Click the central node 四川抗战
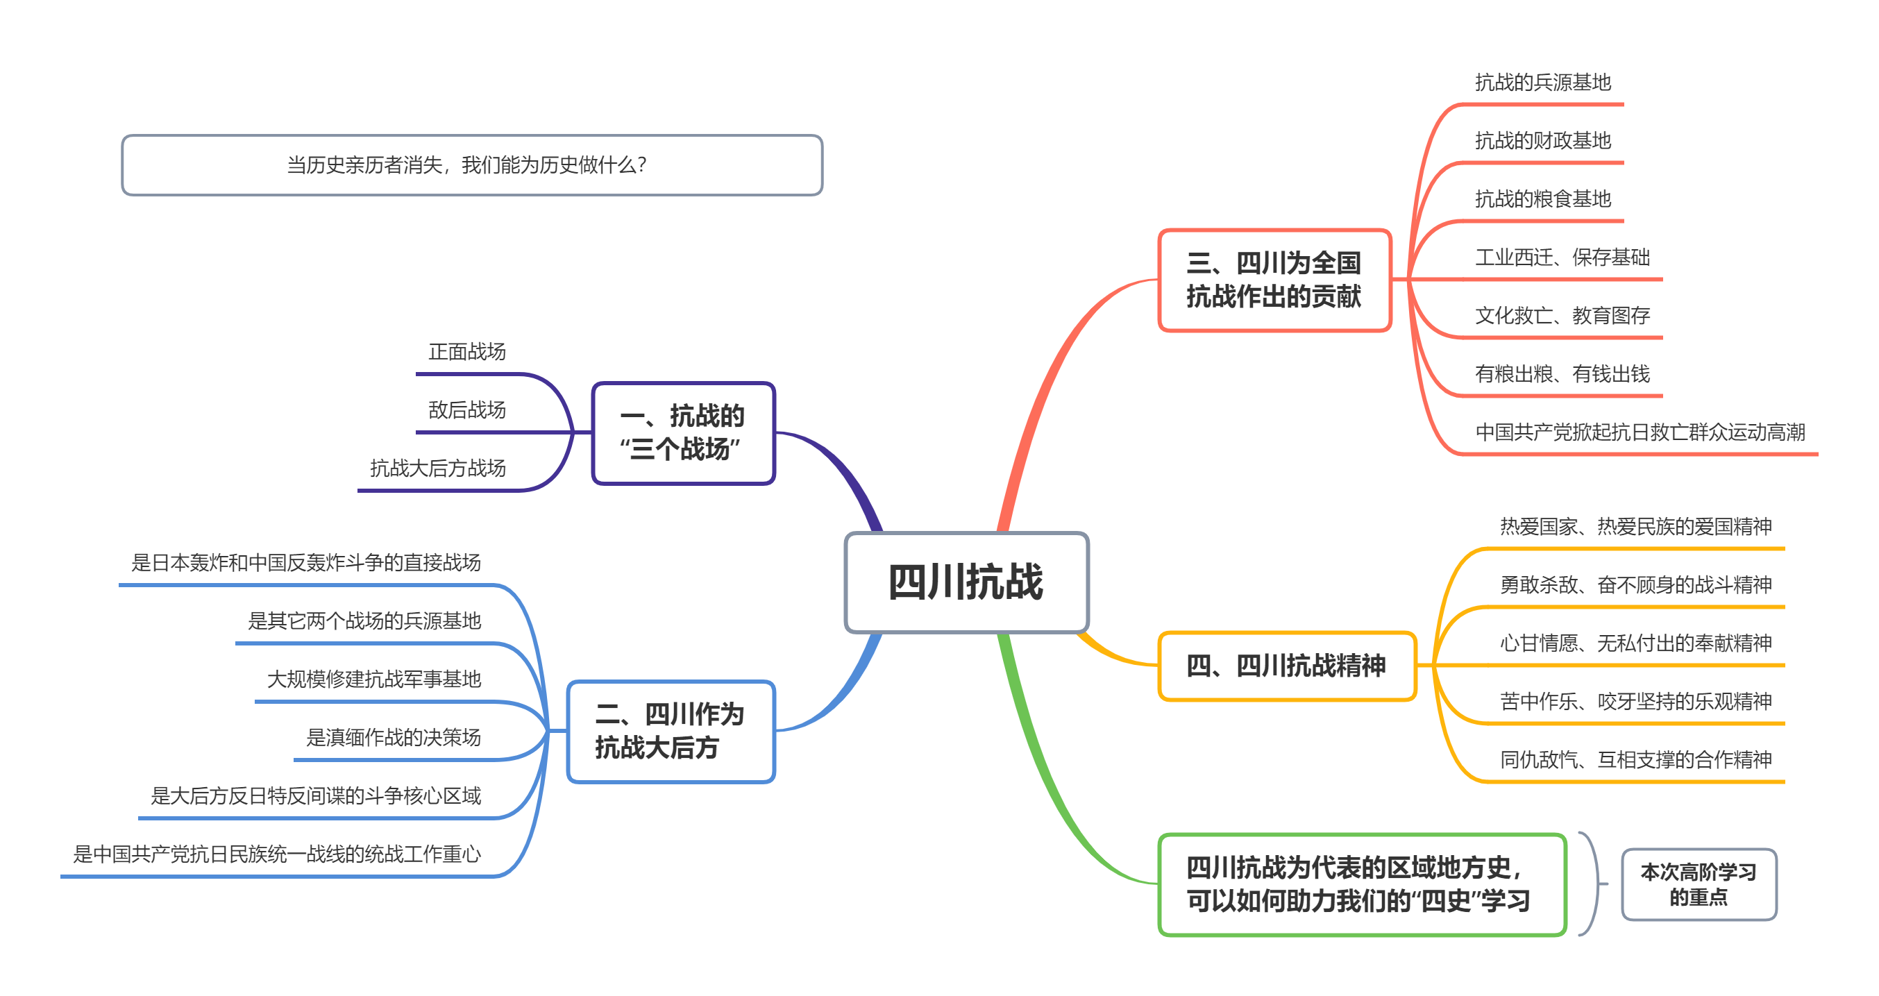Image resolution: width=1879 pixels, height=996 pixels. (966, 582)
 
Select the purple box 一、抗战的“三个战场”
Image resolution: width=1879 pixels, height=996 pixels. (683, 432)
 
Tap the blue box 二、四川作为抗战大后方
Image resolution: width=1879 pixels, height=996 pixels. (671, 732)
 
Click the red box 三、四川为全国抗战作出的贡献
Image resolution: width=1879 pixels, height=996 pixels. (1274, 280)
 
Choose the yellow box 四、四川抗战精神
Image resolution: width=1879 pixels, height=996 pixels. (1287, 666)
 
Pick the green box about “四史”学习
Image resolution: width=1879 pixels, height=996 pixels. (1361, 884)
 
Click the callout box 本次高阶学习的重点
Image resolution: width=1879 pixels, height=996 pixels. (1698, 884)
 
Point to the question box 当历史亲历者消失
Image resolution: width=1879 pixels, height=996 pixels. (471, 164)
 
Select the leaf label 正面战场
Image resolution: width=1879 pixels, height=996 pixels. (467, 352)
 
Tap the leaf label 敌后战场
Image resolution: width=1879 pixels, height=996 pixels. (467, 410)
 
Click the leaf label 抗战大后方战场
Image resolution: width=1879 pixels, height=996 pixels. (438, 469)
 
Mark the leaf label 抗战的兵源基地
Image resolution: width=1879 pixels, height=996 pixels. (1542, 83)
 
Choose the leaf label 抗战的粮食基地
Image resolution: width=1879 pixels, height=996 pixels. (1542, 199)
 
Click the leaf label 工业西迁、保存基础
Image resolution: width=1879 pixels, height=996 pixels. (1562, 258)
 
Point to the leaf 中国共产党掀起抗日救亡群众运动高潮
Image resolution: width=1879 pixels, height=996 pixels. (1640, 432)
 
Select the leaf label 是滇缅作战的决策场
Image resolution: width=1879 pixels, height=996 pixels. (393, 738)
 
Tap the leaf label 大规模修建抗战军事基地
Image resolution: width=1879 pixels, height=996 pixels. (373, 680)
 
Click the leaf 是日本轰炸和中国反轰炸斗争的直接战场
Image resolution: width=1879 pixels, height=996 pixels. (305, 563)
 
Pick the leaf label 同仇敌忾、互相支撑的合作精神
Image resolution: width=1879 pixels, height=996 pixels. (1635, 760)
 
